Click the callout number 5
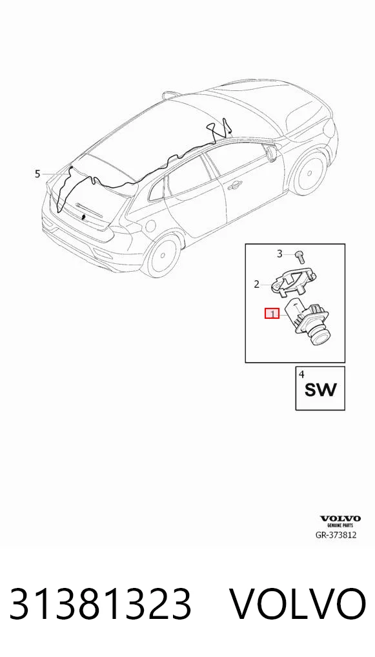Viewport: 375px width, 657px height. point(37,174)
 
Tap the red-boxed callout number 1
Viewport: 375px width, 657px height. point(272,314)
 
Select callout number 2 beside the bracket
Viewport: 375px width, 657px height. point(256,285)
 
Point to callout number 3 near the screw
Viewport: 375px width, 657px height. point(280,254)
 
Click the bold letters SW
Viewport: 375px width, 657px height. point(320,390)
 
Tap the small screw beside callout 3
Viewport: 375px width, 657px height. point(299,256)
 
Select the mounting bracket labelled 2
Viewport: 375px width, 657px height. point(292,281)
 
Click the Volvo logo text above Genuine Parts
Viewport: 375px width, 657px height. point(340,519)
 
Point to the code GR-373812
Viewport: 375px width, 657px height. point(336,534)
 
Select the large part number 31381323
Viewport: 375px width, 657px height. point(101,603)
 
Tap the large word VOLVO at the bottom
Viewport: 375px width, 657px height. point(298,603)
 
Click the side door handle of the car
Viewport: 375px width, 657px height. point(235,185)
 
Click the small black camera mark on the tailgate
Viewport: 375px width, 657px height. point(84,217)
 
